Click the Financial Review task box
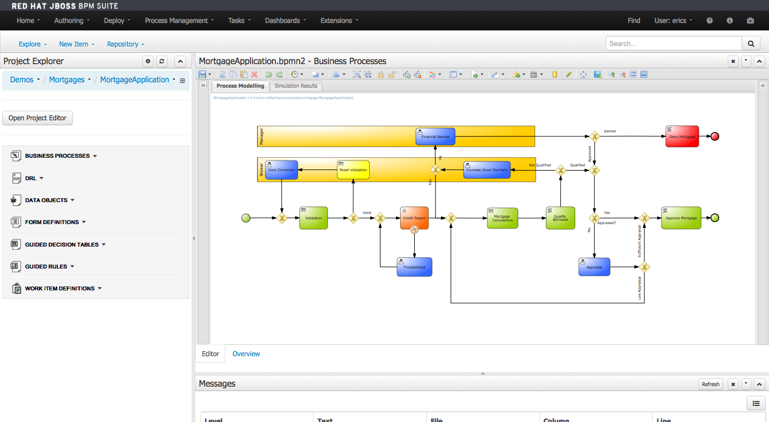tap(435, 136)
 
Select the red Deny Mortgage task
tap(682, 136)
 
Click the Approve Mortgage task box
tap(681, 218)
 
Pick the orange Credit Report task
tap(414, 218)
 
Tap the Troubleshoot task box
tap(414, 266)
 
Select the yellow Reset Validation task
tap(353, 170)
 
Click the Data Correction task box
tap(281, 170)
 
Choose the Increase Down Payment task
tap(486, 170)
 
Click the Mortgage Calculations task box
tap(502, 218)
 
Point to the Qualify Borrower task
tap(560, 218)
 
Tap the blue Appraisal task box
tap(594, 266)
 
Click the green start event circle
tap(246, 218)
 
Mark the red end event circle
tap(714, 136)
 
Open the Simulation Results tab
tap(296, 86)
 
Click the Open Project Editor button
tap(37, 118)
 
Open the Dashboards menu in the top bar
tap(285, 21)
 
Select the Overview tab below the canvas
tap(246, 354)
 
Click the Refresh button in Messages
tap(710, 384)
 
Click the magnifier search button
tap(750, 44)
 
